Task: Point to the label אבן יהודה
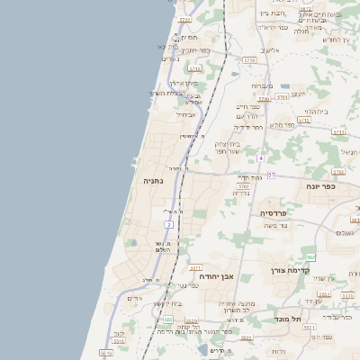216,275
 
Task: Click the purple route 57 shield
270,174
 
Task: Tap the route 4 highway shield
261,157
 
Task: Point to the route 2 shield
168,223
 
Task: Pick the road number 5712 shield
303,119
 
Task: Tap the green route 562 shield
311,257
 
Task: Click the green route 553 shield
168,319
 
